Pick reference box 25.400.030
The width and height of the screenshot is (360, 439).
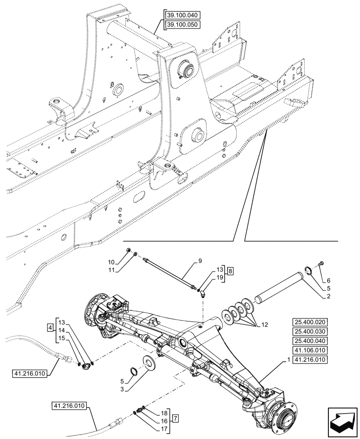click(x=309, y=332)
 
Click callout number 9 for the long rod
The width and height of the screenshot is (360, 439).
click(x=200, y=262)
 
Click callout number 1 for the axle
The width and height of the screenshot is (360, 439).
click(x=288, y=360)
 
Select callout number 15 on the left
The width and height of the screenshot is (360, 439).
click(x=62, y=338)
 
